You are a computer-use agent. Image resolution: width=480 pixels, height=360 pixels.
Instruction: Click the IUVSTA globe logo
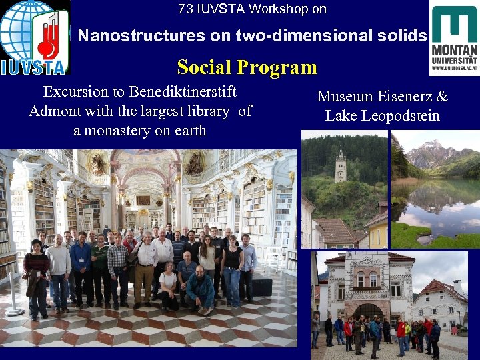tap(33, 37)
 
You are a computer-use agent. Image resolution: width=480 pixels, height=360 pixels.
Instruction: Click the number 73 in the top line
tap(185, 9)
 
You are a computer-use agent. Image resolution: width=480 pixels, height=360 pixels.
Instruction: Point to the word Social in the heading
tap(204, 67)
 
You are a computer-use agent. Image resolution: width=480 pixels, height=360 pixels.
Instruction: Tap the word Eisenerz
tap(407, 97)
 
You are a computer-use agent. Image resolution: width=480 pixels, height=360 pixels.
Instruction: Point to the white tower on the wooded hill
tap(340, 167)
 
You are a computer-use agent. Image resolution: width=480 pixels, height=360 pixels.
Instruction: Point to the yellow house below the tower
tap(377, 231)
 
